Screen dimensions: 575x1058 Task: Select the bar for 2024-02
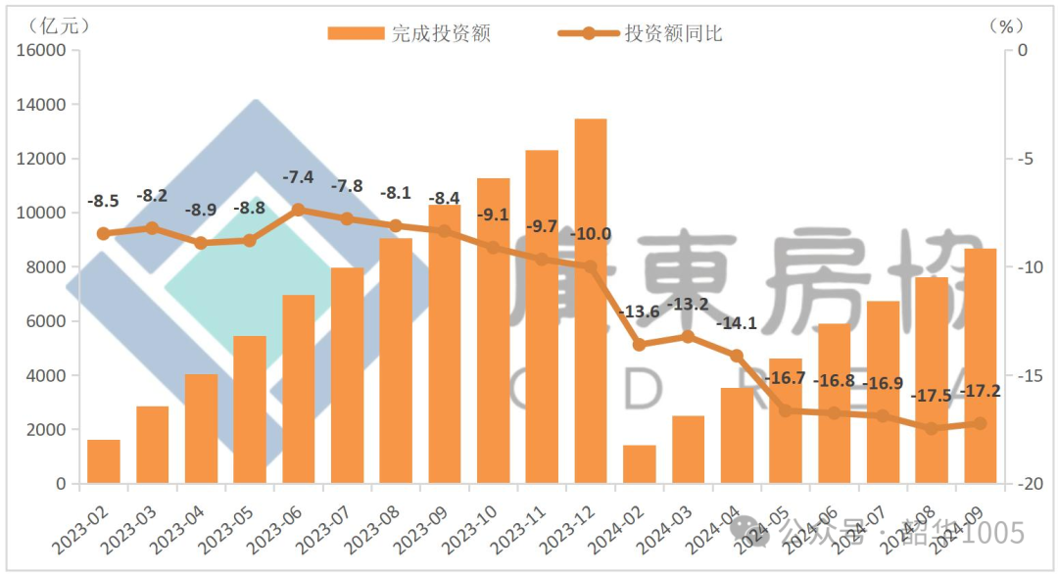coord(640,464)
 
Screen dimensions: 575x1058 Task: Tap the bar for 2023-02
coord(104,461)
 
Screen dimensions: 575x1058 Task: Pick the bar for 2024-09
coord(980,365)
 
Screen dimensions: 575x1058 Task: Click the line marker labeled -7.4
coord(299,210)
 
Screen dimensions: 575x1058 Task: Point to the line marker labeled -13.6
coord(640,345)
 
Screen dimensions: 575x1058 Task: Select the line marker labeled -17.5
coord(932,428)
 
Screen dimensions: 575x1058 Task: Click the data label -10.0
coord(591,234)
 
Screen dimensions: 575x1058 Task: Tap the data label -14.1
coord(736,323)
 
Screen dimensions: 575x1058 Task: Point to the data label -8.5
coord(103,201)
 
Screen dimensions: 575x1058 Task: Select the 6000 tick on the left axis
coord(48,321)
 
